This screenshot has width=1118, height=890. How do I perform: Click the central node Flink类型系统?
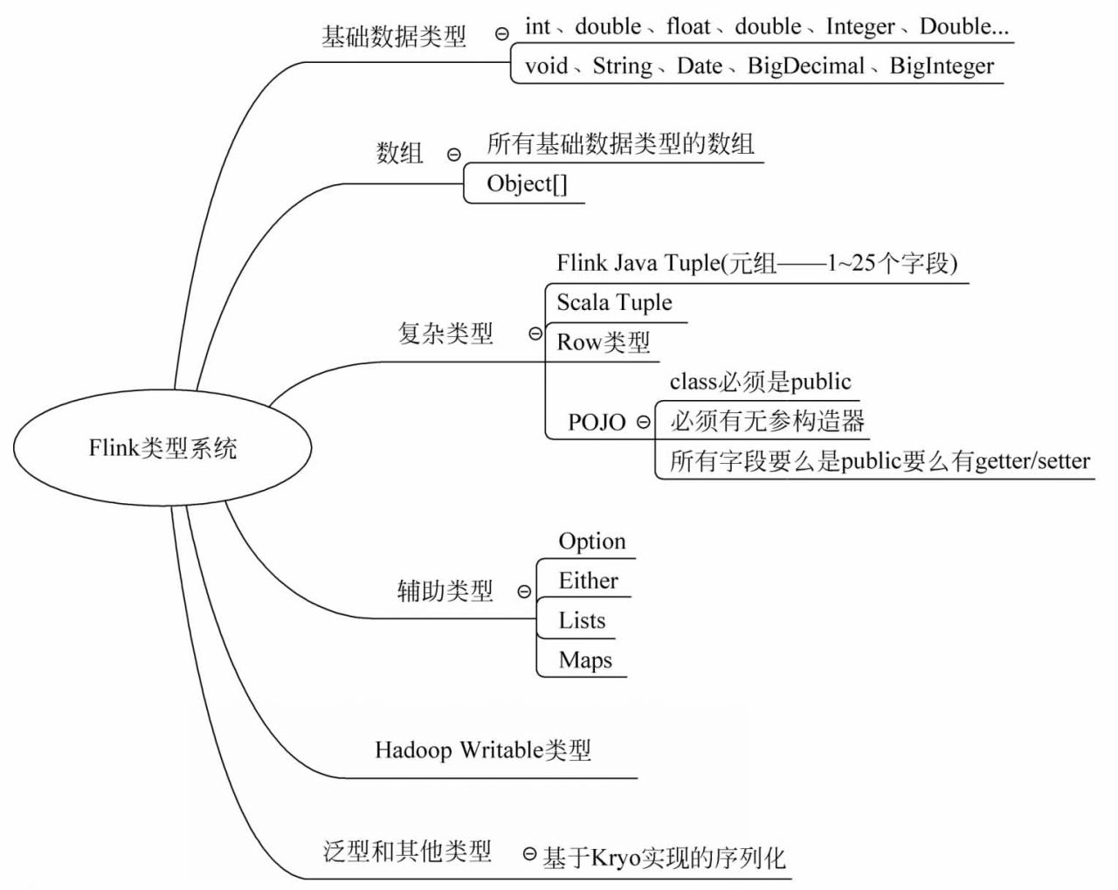point(162,448)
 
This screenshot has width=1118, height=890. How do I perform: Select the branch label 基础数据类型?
point(393,37)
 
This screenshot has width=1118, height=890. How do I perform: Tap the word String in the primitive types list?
point(622,66)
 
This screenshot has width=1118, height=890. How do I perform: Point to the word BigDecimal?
point(805,66)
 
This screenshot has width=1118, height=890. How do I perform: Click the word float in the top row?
point(688,26)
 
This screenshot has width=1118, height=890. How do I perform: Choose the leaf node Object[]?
point(527,184)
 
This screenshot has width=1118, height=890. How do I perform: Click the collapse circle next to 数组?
point(453,155)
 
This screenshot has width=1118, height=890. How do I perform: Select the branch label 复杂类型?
point(445,333)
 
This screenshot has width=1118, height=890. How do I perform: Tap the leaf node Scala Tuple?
point(614,303)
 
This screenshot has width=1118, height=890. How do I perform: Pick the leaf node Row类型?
point(604,342)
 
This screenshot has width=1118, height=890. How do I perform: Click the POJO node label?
point(597,422)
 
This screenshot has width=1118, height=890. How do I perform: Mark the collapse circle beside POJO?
point(643,421)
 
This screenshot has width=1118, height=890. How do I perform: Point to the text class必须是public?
point(760,382)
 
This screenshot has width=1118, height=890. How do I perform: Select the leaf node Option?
point(591,542)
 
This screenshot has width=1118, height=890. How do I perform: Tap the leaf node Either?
point(588,580)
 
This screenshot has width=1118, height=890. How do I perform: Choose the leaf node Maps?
point(585,660)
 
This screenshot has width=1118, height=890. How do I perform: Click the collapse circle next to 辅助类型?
point(524,591)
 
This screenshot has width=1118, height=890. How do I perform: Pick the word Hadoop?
point(413,751)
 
